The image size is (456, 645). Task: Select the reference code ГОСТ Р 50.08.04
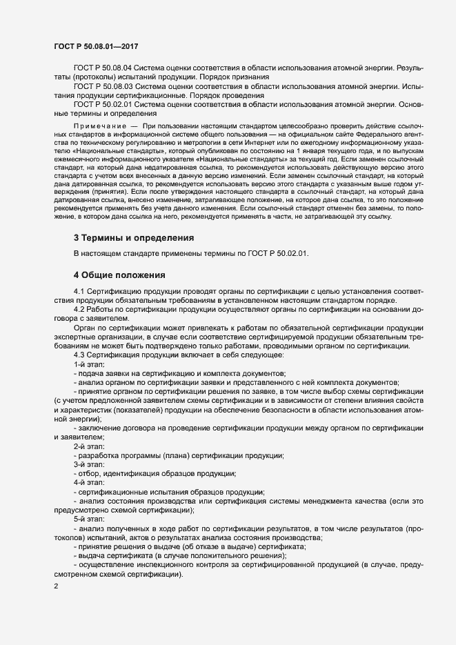click(x=102, y=68)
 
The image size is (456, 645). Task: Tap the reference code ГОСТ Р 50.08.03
click(x=102, y=86)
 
